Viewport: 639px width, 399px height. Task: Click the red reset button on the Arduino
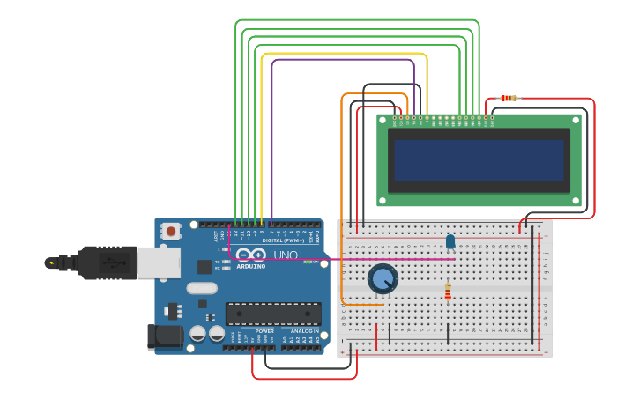(170, 231)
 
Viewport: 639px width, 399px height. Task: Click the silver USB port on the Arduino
(159, 262)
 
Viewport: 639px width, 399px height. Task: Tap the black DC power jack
(165, 336)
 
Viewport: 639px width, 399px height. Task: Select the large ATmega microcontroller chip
(273, 314)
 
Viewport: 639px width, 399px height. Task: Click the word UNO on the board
(285, 255)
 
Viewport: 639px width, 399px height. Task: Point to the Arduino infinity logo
(250, 255)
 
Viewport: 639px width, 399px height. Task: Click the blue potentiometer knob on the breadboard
(383, 279)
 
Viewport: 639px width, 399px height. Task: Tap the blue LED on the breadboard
(450, 241)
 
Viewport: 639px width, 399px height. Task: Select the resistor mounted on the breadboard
(448, 291)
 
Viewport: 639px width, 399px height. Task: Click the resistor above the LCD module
(509, 98)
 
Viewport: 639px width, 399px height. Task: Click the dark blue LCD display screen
(479, 159)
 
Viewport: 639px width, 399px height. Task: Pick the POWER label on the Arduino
(264, 331)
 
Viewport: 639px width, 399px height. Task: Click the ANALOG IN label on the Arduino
(305, 331)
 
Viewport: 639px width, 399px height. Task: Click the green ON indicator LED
(310, 262)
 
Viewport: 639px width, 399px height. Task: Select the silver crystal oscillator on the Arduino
(202, 288)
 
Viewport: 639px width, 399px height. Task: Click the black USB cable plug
(97, 262)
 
